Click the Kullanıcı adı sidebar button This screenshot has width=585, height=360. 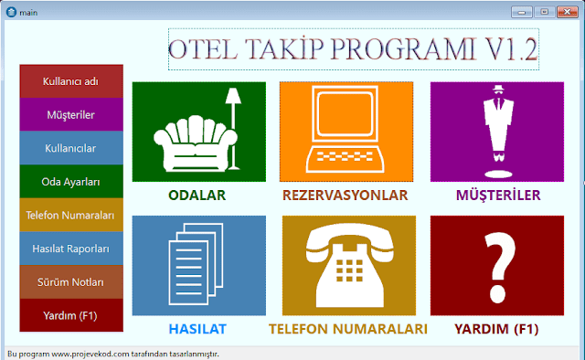(71, 81)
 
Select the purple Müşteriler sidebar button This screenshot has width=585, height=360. (71, 114)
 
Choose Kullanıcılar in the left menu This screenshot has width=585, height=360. (71, 148)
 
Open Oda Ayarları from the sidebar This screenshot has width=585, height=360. (71, 182)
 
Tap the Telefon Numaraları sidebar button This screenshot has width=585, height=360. (71, 215)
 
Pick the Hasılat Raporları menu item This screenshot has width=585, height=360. (71, 249)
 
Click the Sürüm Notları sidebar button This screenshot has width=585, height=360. (71, 282)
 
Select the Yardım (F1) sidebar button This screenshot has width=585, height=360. (71, 315)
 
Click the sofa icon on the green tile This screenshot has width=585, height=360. (195, 143)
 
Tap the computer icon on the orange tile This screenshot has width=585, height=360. (346, 129)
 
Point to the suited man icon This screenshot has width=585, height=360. (498, 131)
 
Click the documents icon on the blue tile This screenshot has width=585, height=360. (196, 264)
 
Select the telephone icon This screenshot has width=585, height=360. (349, 265)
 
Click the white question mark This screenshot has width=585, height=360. (500, 266)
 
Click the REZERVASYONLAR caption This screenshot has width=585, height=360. (346, 196)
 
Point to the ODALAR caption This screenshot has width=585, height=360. (197, 196)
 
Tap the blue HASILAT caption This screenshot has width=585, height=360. (197, 329)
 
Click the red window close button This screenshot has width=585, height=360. (567, 12)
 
